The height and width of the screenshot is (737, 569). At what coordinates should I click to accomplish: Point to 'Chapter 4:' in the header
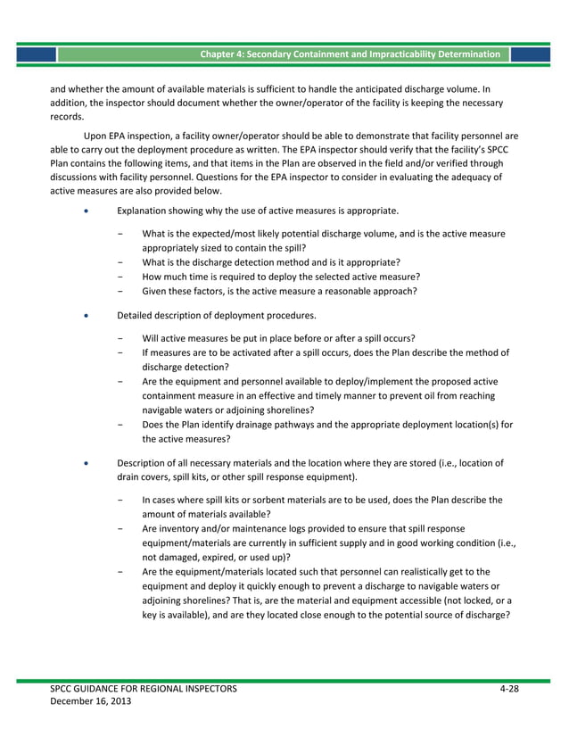(223, 54)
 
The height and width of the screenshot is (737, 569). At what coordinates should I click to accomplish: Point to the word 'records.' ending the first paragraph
(67, 116)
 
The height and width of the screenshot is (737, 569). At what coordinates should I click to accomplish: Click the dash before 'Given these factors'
(120, 291)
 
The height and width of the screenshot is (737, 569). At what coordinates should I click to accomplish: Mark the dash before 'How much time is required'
(120, 277)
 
